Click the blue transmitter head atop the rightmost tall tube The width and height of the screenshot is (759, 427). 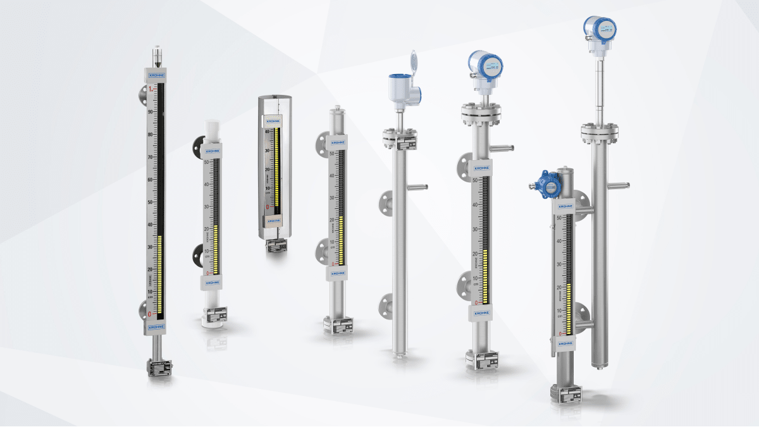pyautogui.click(x=600, y=28)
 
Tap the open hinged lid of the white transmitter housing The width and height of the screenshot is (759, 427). pyautogui.click(x=414, y=64)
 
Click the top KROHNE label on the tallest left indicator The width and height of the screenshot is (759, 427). pyautogui.click(x=156, y=76)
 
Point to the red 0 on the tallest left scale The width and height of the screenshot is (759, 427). pyautogui.click(x=150, y=314)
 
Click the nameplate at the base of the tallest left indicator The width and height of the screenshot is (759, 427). pyautogui.click(x=156, y=366)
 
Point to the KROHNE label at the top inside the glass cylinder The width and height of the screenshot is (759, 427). pyautogui.click(x=273, y=120)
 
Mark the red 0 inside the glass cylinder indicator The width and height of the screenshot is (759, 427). pyautogui.click(x=268, y=206)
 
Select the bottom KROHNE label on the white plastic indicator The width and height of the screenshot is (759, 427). pyautogui.click(x=212, y=283)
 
